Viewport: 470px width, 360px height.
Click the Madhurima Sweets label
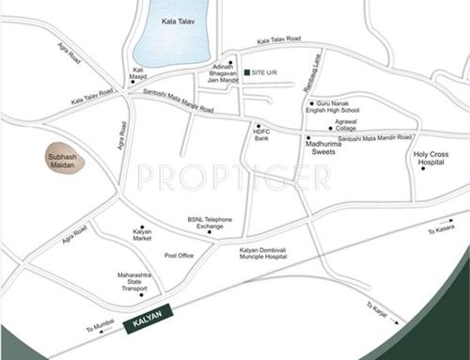[x=331, y=147]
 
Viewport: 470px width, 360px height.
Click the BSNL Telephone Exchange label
[x=209, y=224]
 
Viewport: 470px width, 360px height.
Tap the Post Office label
[x=179, y=256]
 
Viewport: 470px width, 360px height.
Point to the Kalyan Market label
[x=142, y=235]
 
